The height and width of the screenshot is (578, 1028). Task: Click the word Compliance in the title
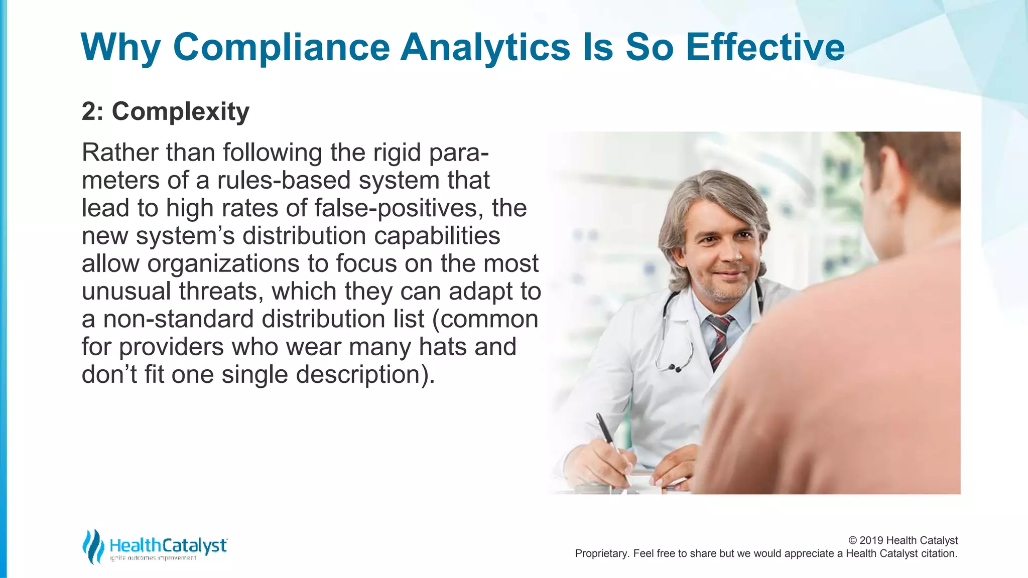pyautogui.click(x=281, y=48)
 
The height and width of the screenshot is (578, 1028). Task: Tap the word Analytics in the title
pyautogui.click(x=485, y=48)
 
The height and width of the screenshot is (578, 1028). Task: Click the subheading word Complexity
pyautogui.click(x=180, y=111)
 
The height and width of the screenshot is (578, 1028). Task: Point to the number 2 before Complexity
pyautogui.click(x=89, y=111)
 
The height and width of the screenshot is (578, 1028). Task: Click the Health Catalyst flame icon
pyautogui.click(x=93, y=546)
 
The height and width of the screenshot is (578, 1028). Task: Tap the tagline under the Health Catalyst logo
pyautogui.click(x=153, y=558)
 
